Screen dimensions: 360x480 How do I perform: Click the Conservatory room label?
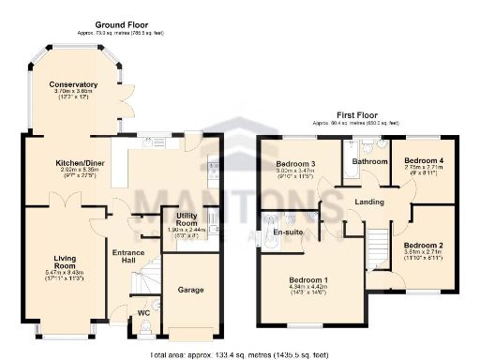click(75, 84)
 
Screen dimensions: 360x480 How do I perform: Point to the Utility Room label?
click(186, 217)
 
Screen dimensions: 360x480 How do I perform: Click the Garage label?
click(191, 291)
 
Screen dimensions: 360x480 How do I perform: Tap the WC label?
click(142, 313)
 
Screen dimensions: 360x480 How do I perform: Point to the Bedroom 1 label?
click(308, 280)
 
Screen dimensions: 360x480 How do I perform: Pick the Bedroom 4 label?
click(424, 160)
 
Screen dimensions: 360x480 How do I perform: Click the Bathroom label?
click(369, 161)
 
